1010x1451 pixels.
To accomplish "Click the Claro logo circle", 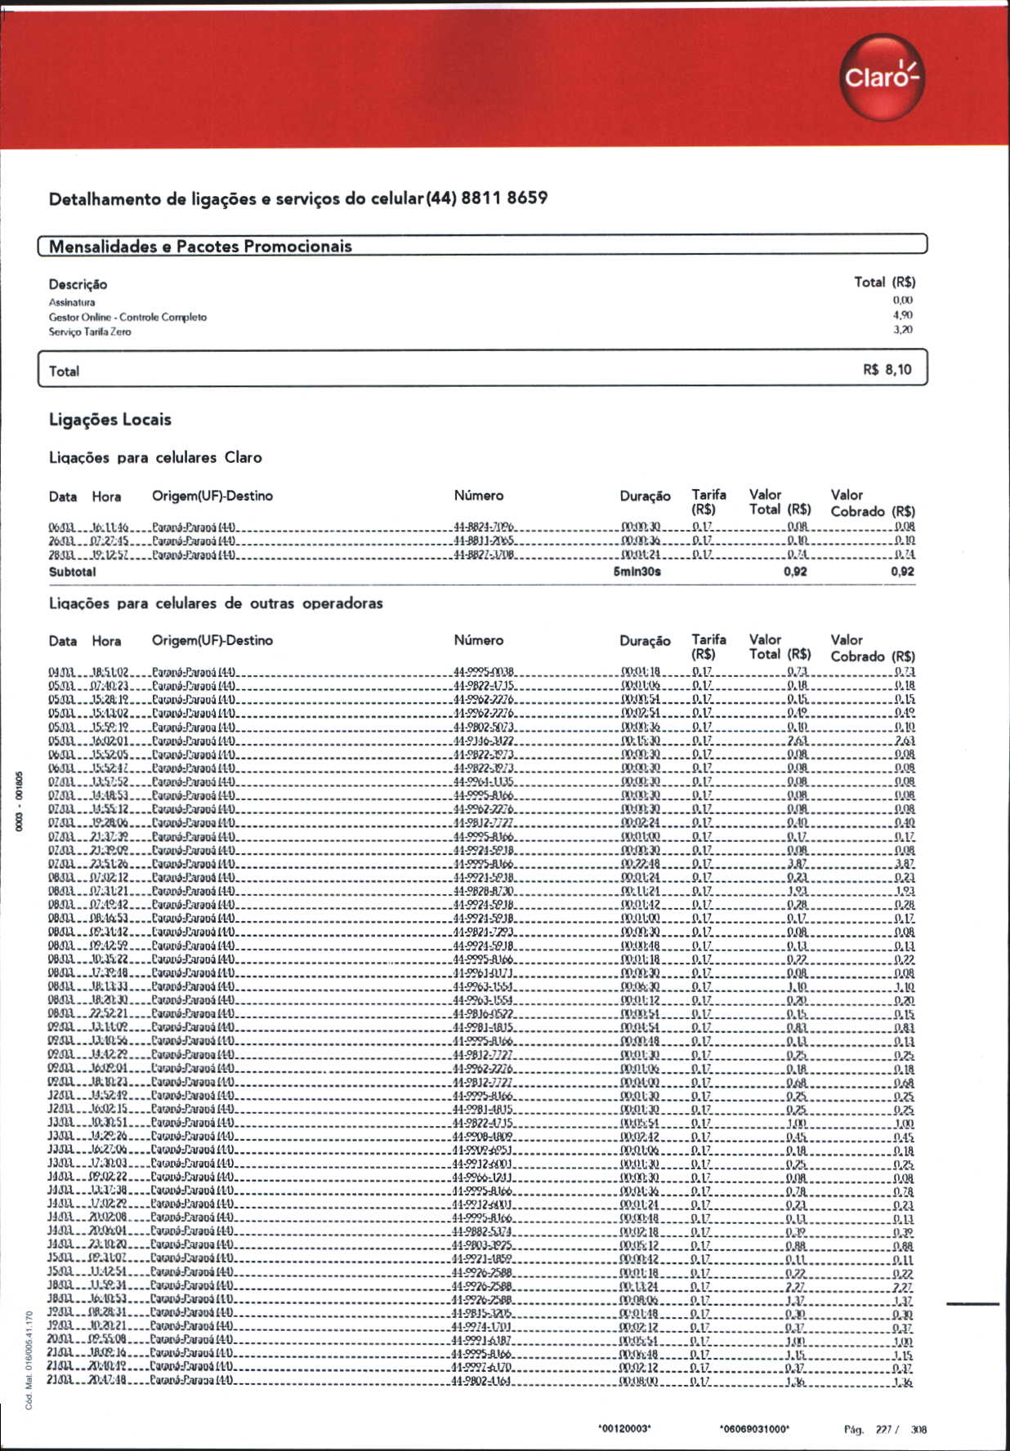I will (x=882, y=77).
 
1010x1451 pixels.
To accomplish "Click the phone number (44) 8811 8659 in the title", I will (x=486, y=198).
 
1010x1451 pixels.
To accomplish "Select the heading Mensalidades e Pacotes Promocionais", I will (x=200, y=246).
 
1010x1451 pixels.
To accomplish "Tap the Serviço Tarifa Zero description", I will (x=90, y=332).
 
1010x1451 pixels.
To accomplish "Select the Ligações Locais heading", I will (x=110, y=420).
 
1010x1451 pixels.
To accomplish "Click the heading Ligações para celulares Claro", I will (x=155, y=457).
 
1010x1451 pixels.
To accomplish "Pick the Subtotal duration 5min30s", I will (x=637, y=572).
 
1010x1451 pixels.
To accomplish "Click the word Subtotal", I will (x=72, y=572).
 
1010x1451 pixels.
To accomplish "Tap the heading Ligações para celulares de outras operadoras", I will (x=216, y=603).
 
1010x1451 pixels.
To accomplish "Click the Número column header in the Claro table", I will (x=479, y=496).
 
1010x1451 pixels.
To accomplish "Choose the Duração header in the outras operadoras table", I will (x=645, y=641).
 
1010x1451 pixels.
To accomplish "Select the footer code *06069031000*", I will (x=754, y=1428).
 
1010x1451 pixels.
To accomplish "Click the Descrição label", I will (x=78, y=284).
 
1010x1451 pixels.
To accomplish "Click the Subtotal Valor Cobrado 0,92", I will (x=902, y=572).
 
